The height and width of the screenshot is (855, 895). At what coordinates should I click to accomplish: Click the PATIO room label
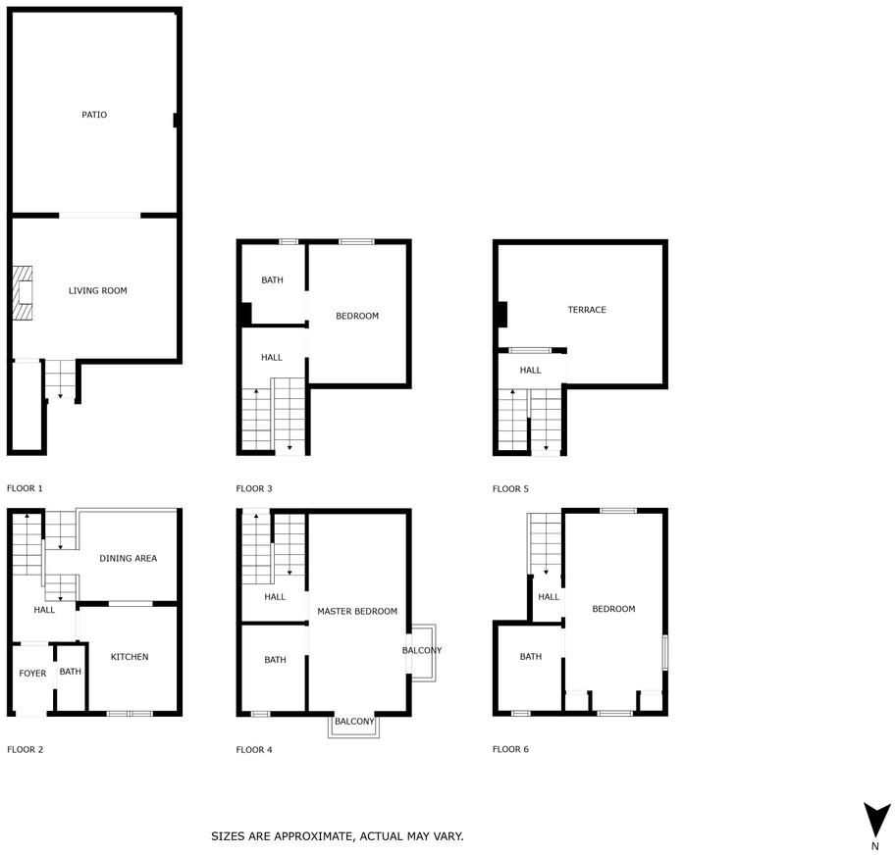(x=94, y=115)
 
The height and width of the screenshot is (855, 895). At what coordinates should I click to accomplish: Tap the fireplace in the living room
(x=23, y=292)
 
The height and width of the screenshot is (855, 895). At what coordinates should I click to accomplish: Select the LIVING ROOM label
(x=97, y=291)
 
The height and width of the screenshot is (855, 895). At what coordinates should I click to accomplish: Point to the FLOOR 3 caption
(x=254, y=489)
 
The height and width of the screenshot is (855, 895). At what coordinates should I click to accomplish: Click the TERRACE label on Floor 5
(x=587, y=310)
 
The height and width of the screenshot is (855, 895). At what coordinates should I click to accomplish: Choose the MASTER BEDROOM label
(x=357, y=612)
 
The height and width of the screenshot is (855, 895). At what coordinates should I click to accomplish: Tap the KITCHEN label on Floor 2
(x=130, y=657)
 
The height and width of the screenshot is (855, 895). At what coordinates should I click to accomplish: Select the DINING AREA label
(x=128, y=559)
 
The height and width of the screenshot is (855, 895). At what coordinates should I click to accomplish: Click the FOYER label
(x=32, y=674)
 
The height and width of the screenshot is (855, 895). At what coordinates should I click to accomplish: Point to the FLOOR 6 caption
(x=510, y=749)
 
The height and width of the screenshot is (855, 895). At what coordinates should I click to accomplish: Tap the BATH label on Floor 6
(x=531, y=657)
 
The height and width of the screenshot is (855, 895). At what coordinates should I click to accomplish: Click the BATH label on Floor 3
(x=272, y=280)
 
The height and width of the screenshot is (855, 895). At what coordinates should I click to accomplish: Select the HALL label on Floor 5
(x=530, y=371)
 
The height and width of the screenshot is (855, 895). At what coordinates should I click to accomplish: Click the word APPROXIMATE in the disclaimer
(x=313, y=836)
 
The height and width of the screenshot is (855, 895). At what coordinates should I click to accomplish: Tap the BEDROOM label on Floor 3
(x=357, y=316)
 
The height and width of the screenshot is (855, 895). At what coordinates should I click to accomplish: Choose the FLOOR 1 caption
(x=25, y=488)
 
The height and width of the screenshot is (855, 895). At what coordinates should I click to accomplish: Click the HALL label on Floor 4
(x=275, y=597)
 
